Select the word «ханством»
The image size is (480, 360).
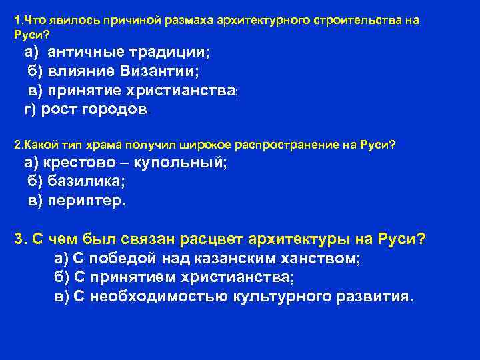click(315, 258)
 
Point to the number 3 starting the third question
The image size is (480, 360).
click(19, 239)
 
